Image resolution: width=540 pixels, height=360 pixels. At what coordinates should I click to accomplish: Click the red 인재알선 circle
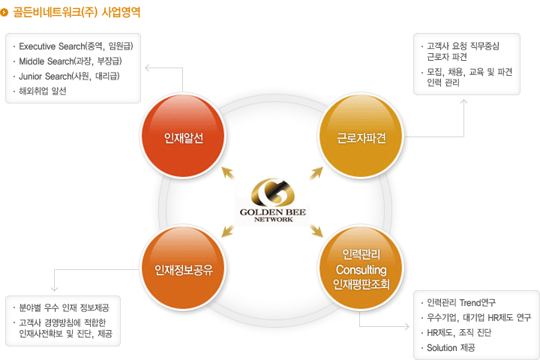[184, 137]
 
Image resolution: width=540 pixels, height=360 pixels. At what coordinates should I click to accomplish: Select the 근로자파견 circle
[361, 137]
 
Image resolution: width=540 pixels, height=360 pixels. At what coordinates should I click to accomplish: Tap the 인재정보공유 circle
[184, 270]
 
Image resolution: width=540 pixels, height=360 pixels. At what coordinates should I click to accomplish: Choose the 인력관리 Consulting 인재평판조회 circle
[361, 270]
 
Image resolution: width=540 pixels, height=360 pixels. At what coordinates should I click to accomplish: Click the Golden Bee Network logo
[272, 202]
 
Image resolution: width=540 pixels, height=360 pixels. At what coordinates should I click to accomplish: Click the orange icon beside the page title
[5, 13]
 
